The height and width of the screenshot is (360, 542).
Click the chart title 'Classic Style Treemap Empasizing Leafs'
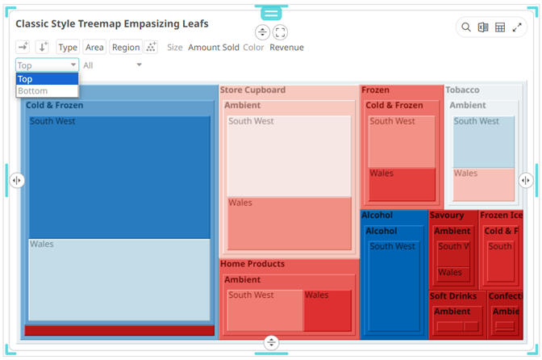[111, 24]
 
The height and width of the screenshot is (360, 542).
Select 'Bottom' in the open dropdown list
[33, 90]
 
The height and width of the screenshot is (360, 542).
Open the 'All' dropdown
[112, 65]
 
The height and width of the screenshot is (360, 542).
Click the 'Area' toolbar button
[94, 48]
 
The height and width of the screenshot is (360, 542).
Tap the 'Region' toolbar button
[126, 48]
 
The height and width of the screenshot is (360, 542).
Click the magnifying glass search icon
[466, 27]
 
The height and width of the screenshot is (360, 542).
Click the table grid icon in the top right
[500, 27]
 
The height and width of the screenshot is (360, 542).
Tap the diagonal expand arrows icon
[517, 27]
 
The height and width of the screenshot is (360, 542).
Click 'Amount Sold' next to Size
[214, 48]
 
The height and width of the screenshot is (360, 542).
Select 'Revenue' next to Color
[286, 48]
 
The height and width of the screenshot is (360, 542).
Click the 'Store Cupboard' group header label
[252, 90]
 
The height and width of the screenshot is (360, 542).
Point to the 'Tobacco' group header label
[462, 90]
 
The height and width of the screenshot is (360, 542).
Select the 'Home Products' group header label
[252, 264]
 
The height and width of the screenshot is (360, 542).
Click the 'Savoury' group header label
[446, 216]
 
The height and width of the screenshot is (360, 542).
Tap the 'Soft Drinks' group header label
[452, 296]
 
